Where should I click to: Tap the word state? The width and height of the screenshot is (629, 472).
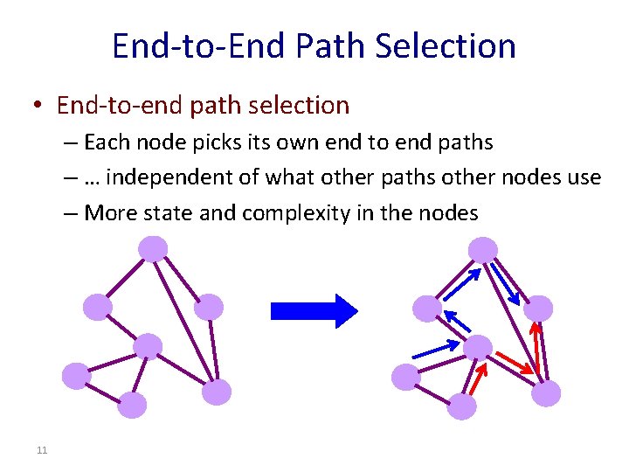168,212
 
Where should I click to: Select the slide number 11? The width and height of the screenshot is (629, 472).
41,450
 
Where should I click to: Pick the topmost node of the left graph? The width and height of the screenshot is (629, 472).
154,250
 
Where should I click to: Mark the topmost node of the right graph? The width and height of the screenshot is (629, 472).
482,251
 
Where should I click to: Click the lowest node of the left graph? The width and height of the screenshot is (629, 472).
131,405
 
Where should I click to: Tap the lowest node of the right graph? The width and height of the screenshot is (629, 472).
461,406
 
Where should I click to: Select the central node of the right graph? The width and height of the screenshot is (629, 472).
477,348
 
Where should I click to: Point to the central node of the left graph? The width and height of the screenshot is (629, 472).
149,347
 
